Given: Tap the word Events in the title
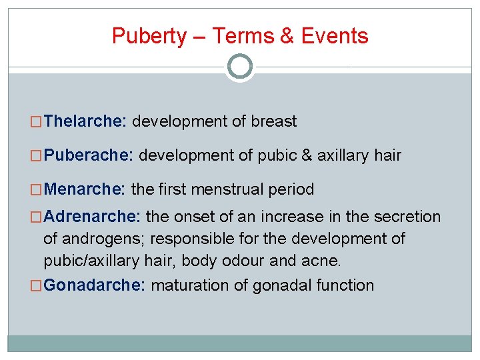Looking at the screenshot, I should (335, 36).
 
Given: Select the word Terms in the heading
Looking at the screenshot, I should (245, 36).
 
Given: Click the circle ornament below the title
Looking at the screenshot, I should (240, 67).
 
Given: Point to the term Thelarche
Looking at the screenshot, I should (85, 121).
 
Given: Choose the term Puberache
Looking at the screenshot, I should (89, 156).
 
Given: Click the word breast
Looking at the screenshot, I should (274, 121).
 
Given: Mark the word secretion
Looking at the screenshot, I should (408, 217).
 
